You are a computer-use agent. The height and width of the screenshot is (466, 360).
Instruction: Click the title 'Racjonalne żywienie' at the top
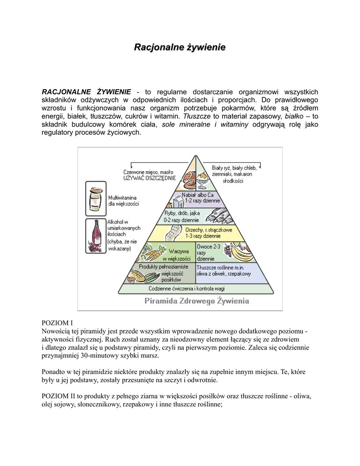(x=179, y=47)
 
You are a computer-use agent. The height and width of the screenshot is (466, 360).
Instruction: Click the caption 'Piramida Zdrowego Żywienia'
(x=197, y=301)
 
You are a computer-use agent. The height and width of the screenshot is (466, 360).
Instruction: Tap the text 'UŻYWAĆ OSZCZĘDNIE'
(x=149, y=178)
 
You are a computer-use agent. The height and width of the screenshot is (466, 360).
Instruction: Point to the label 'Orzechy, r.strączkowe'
(x=209, y=230)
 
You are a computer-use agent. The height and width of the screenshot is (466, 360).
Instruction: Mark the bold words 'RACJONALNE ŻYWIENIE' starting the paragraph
(x=86, y=91)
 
